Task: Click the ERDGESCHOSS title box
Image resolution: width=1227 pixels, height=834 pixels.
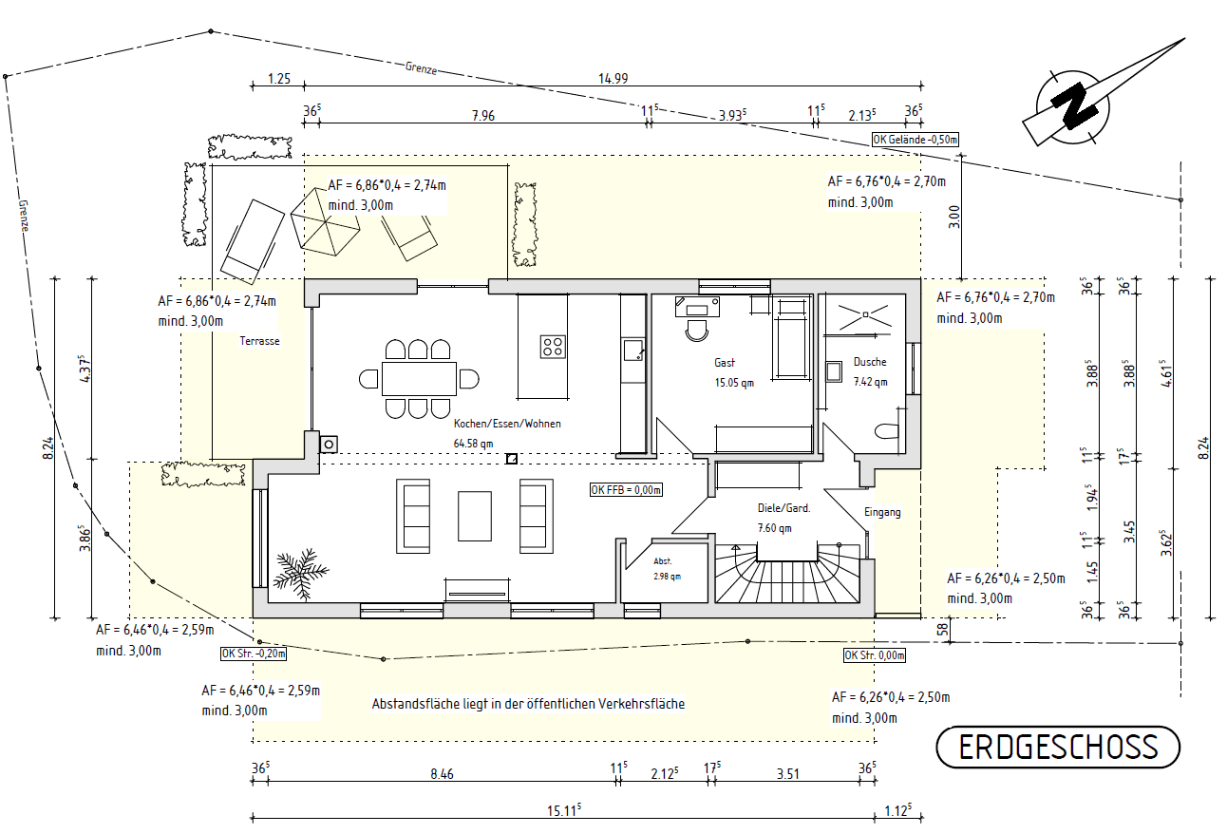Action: click(x=1058, y=748)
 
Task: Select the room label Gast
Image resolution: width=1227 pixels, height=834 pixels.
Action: click(x=725, y=363)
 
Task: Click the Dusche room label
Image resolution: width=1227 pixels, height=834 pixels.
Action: click(x=869, y=362)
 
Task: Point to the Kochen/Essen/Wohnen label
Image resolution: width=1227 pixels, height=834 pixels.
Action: click(x=507, y=424)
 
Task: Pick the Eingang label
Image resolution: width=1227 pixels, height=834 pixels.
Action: click(x=881, y=512)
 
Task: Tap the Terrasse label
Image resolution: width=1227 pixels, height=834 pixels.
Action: click(x=259, y=341)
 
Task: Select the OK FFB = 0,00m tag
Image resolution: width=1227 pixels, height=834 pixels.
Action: click(x=625, y=490)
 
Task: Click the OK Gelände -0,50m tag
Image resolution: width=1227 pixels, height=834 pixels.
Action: click(x=916, y=141)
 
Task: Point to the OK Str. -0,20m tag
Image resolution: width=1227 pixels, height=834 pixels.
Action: click(x=253, y=654)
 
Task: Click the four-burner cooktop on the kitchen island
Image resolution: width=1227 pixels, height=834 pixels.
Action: click(x=553, y=347)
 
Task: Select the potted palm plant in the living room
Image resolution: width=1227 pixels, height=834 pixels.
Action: click(x=301, y=573)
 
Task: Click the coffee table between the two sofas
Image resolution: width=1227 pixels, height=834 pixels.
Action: click(x=475, y=516)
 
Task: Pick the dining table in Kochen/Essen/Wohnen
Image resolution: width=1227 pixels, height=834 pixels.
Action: click(x=419, y=378)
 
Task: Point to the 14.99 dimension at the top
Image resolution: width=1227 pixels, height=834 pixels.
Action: click(x=613, y=79)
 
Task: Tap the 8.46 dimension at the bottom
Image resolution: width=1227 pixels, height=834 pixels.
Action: click(x=442, y=774)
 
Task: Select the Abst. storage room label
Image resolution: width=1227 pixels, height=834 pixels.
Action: click(x=662, y=560)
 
